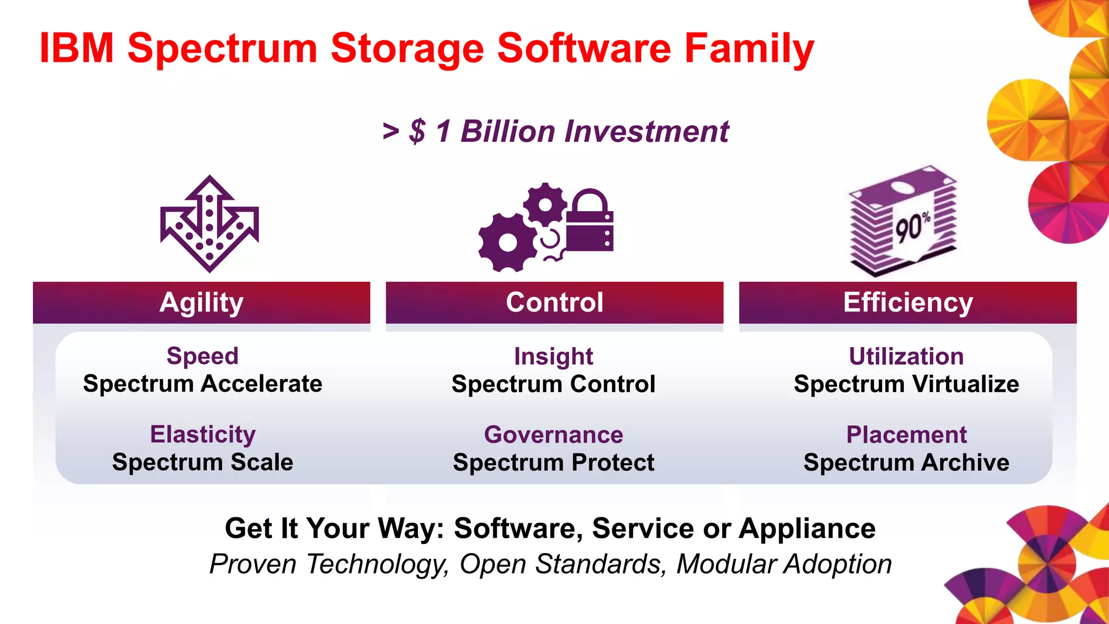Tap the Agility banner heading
pos(201,302)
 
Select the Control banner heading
pos(554,302)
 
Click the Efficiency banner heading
pos(908,302)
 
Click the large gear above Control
pos(507,243)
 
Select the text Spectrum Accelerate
pos(203,384)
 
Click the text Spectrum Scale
pos(203,463)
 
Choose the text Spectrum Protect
pos(553,463)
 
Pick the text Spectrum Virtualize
pos(906,384)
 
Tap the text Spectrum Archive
pos(906,463)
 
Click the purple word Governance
pos(553,434)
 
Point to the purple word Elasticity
pos(203,434)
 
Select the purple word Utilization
pos(906,356)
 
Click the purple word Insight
pos(553,356)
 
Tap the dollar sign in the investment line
pos(417,132)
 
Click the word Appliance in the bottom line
pos(807,528)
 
